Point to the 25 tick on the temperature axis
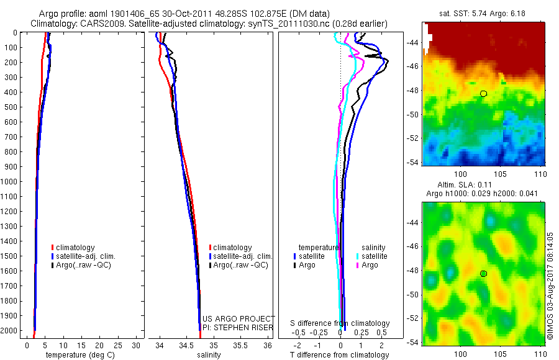117,345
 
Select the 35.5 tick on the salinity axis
240,345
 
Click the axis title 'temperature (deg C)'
80,355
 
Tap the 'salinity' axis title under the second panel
209,355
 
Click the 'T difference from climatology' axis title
339,355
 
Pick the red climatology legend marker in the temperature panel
52,248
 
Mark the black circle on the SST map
483,94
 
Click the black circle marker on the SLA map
483,274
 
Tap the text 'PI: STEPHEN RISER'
238,328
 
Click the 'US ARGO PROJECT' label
239,318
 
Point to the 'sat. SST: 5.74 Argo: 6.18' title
483,14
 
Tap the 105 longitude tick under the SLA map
500,354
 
